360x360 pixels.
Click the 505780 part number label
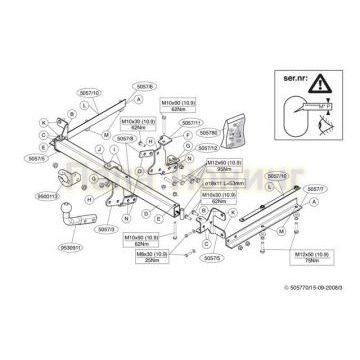click(207, 131)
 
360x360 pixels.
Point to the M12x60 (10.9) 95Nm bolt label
click(225, 164)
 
